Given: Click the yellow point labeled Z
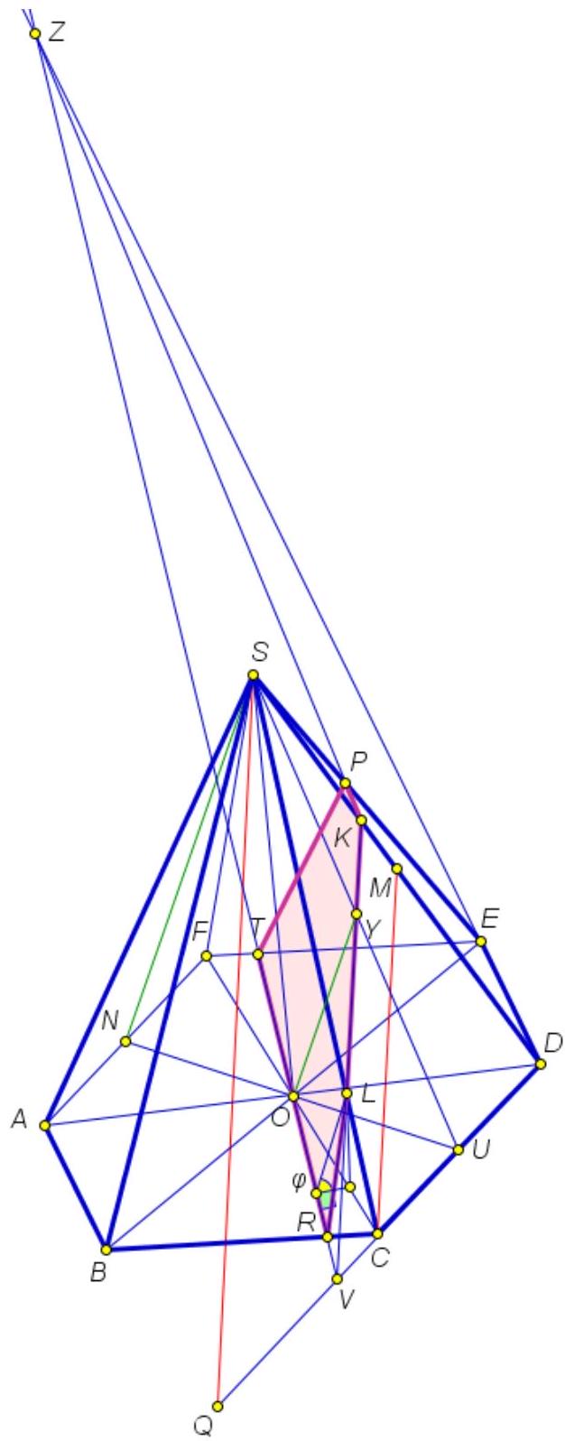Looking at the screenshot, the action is tap(35, 33).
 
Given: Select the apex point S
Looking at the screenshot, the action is tap(254, 674).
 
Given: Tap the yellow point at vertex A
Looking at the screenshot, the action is tap(44, 1125).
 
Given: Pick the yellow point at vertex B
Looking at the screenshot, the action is tap(107, 1250).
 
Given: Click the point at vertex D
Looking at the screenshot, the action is tap(541, 1064).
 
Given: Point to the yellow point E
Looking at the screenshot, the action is tap(481, 941).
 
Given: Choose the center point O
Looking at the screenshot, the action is tap(293, 1095).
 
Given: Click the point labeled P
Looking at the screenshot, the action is tap(345, 783).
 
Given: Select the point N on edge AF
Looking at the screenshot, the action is tap(126, 1041).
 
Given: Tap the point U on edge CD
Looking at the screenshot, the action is tap(458, 1149).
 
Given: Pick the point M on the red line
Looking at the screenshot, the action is tap(397, 869).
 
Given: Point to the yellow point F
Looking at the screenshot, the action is tap(206, 956).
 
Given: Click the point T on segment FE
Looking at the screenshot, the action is tap(258, 954).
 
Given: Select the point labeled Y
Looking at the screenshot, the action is tap(357, 914).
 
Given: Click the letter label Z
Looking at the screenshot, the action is tap(57, 33).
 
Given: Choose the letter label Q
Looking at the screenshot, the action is tap(202, 1427).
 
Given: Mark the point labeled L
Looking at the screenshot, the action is tap(347, 1093).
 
